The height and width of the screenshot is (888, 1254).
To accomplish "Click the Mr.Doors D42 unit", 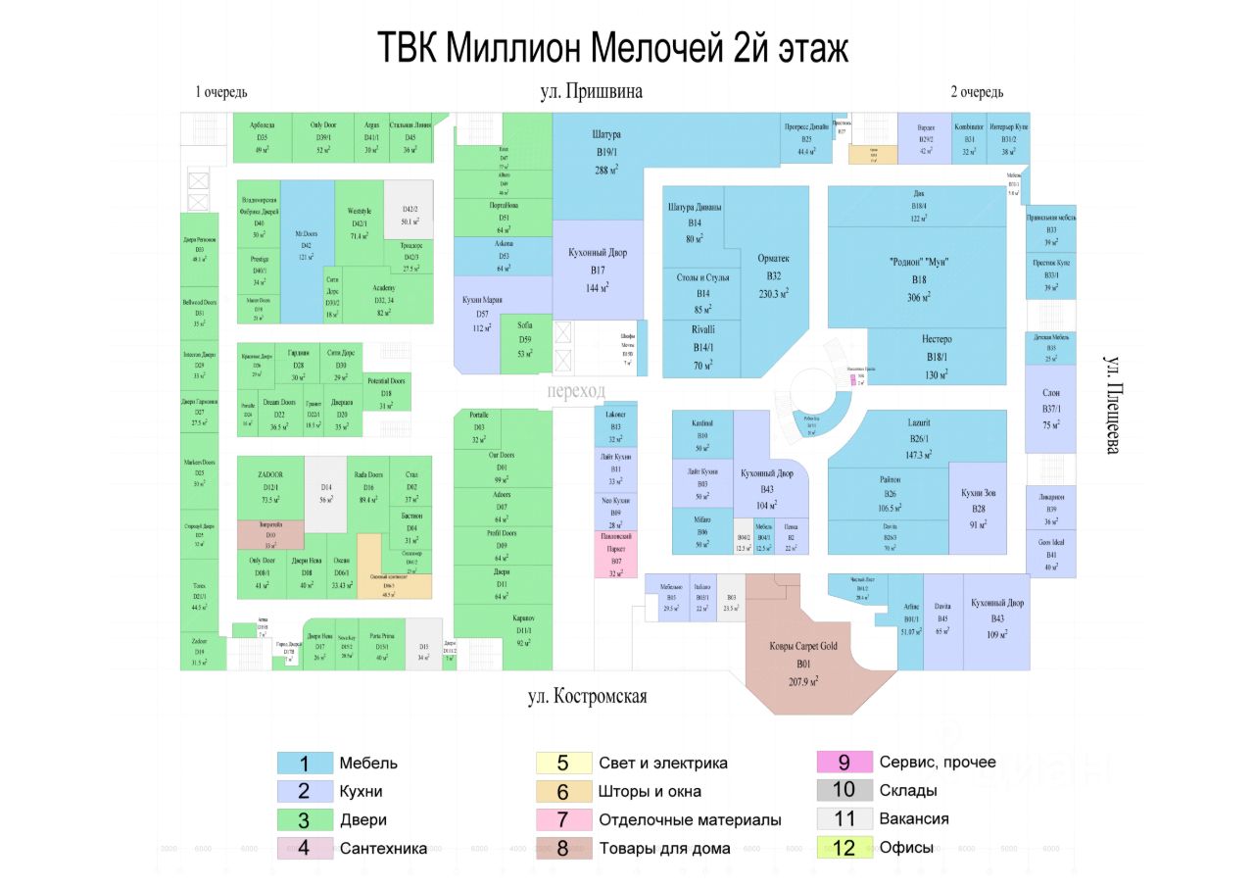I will coord(307,251).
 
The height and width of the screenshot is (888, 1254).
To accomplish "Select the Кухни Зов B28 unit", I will coord(978,515).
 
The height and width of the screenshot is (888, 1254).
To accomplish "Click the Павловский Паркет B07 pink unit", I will coord(615,553).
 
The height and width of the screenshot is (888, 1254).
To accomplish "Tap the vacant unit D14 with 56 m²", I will coord(326,490).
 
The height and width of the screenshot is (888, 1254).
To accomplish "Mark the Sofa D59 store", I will coord(525,344).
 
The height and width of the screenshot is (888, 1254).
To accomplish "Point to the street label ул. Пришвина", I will coord(591,92).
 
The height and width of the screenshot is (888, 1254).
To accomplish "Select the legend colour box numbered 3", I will coord(304,819).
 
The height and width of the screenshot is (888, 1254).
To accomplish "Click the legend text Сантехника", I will coord(383,848).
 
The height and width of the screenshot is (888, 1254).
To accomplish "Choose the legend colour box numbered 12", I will coord(843,848).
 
